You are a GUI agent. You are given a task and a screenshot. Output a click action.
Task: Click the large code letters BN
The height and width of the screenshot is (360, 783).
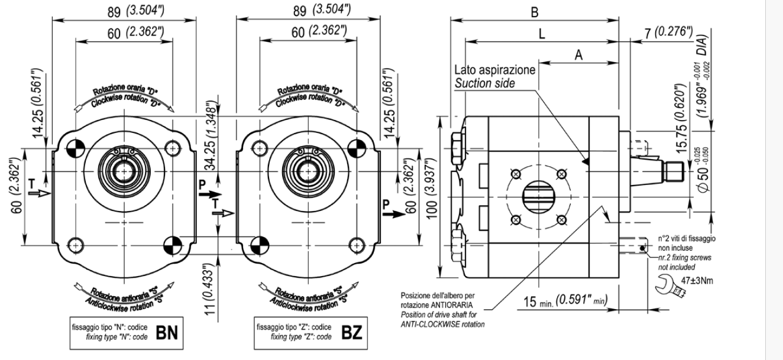pyautogui.click(x=167, y=332)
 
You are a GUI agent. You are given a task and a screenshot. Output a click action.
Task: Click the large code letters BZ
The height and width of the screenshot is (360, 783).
pyautogui.click(x=352, y=332)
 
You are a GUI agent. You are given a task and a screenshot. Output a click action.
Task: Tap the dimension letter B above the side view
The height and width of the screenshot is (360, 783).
pyautogui.click(x=535, y=12)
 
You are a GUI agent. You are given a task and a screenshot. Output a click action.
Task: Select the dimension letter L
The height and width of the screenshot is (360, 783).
pyautogui.click(x=542, y=34)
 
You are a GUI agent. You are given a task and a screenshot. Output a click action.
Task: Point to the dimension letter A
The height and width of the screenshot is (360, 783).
pyautogui.click(x=578, y=55)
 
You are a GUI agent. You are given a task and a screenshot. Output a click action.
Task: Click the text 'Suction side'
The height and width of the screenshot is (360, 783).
pyautogui.click(x=484, y=83)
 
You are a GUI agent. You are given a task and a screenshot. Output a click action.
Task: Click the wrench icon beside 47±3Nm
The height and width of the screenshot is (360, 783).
pyautogui.click(x=669, y=286)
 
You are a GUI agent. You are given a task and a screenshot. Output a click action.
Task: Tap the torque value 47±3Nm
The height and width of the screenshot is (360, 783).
pyautogui.click(x=697, y=281)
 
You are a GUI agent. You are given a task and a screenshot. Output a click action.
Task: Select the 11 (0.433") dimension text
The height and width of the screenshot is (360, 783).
pyautogui.click(x=209, y=289)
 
